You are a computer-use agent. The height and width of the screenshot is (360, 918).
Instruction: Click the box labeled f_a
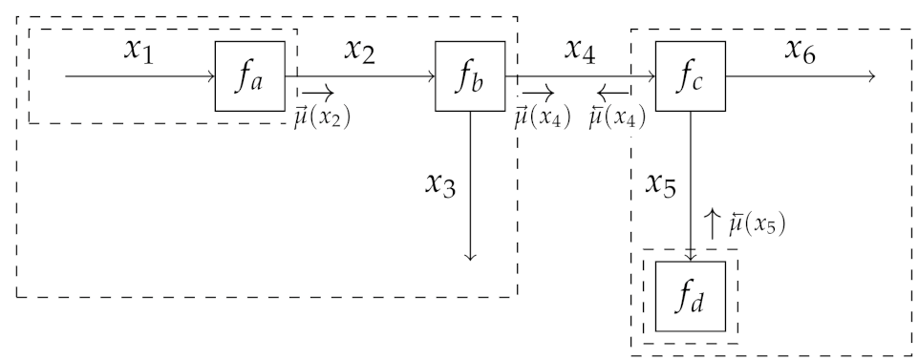pos(249,77)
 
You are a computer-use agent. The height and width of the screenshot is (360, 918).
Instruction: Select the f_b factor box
pos(469,77)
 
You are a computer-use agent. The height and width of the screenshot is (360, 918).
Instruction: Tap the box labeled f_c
pos(691,77)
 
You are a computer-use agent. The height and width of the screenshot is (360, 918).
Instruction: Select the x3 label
pos(441,183)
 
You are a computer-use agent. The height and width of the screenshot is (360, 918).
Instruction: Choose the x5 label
pos(661,183)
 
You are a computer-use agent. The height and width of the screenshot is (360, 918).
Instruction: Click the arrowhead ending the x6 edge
pos(870,77)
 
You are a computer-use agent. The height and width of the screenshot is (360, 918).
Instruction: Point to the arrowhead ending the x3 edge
pos(469,256)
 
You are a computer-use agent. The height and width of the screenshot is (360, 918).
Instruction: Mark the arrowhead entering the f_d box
pos(691,257)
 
